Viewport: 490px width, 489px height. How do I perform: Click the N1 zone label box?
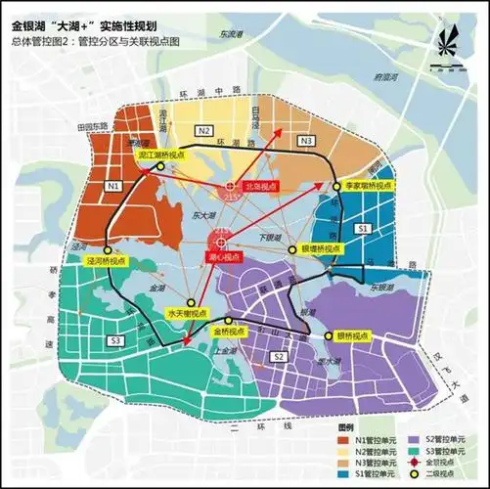[113, 185]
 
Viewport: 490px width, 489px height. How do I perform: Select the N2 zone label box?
[203, 130]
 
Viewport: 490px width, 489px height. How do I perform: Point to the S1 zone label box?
[362, 227]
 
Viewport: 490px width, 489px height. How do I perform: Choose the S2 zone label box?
[279, 358]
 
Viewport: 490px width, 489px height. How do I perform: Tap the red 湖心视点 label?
[224, 255]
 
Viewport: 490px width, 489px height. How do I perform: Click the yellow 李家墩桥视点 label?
[368, 185]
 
